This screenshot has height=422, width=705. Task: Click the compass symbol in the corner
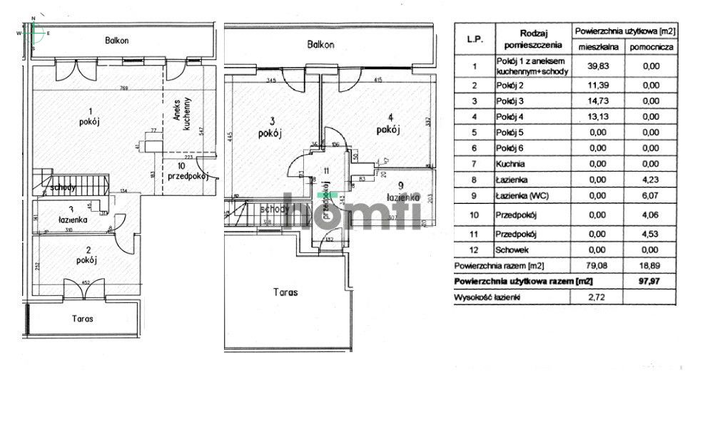point(33,32)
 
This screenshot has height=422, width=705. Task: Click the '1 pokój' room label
point(88,115)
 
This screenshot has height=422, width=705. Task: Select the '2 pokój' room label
point(87,255)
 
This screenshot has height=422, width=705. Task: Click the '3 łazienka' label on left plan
point(72,215)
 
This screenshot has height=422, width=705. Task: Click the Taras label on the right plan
point(285,292)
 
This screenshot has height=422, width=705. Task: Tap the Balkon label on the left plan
point(116,41)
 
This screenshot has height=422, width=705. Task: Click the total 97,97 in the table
point(650,281)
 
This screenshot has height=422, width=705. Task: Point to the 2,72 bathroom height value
point(597,297)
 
